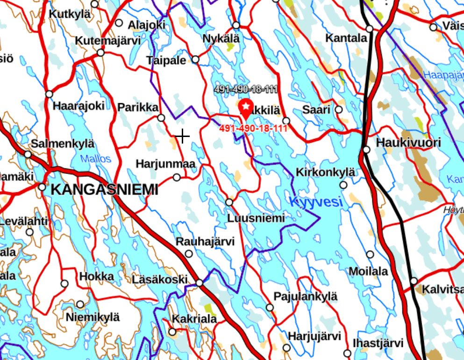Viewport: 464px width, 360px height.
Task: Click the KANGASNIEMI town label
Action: pyautogui.click(x=104, y=190)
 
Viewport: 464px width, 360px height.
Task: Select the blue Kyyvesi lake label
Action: pyautogui.click(x=316, y=202)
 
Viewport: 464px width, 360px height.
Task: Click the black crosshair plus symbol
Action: pyautogui.click(x=182, y=137)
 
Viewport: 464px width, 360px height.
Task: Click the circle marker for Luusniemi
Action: pyautogui.click(x=229, y=202)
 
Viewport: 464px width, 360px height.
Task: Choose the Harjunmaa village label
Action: pyautogui.click(x=165, y=164)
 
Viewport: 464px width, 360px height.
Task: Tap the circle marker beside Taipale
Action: pyautogui.click(x=195, y=59)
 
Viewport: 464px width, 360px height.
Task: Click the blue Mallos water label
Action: pyautogui.click(x=96, y=159)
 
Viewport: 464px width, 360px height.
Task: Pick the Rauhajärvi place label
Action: pyautogui.click(x=205, y=241)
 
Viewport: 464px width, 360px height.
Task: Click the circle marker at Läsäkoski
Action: pyautogui.click(x=200, y=283)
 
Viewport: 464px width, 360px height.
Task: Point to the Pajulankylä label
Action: pyautogui.click(x=305, y=296)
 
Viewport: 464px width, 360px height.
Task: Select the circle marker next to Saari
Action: pyautogui.click(x=339, y=109)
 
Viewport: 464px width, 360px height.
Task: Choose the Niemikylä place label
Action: pyautogui.click(x=93, y=317)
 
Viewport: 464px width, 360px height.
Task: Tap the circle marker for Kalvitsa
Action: pyautogui.click(x=414, y=281)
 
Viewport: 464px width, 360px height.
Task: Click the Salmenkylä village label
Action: pyautogui.click(x=63, y=144)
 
